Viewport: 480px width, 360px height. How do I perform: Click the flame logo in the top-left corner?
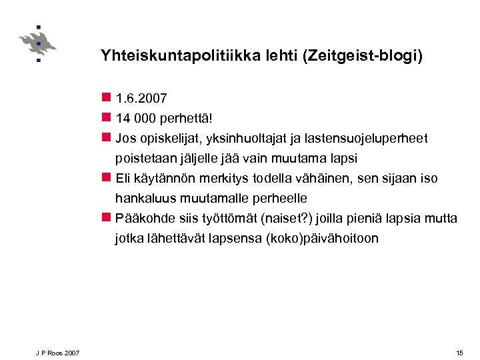tap(37, 44)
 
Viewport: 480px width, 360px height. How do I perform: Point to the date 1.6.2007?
tap(141, 99)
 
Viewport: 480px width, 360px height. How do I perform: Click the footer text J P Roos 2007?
tap(58, 352)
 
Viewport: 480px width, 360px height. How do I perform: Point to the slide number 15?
tap(459, 352)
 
